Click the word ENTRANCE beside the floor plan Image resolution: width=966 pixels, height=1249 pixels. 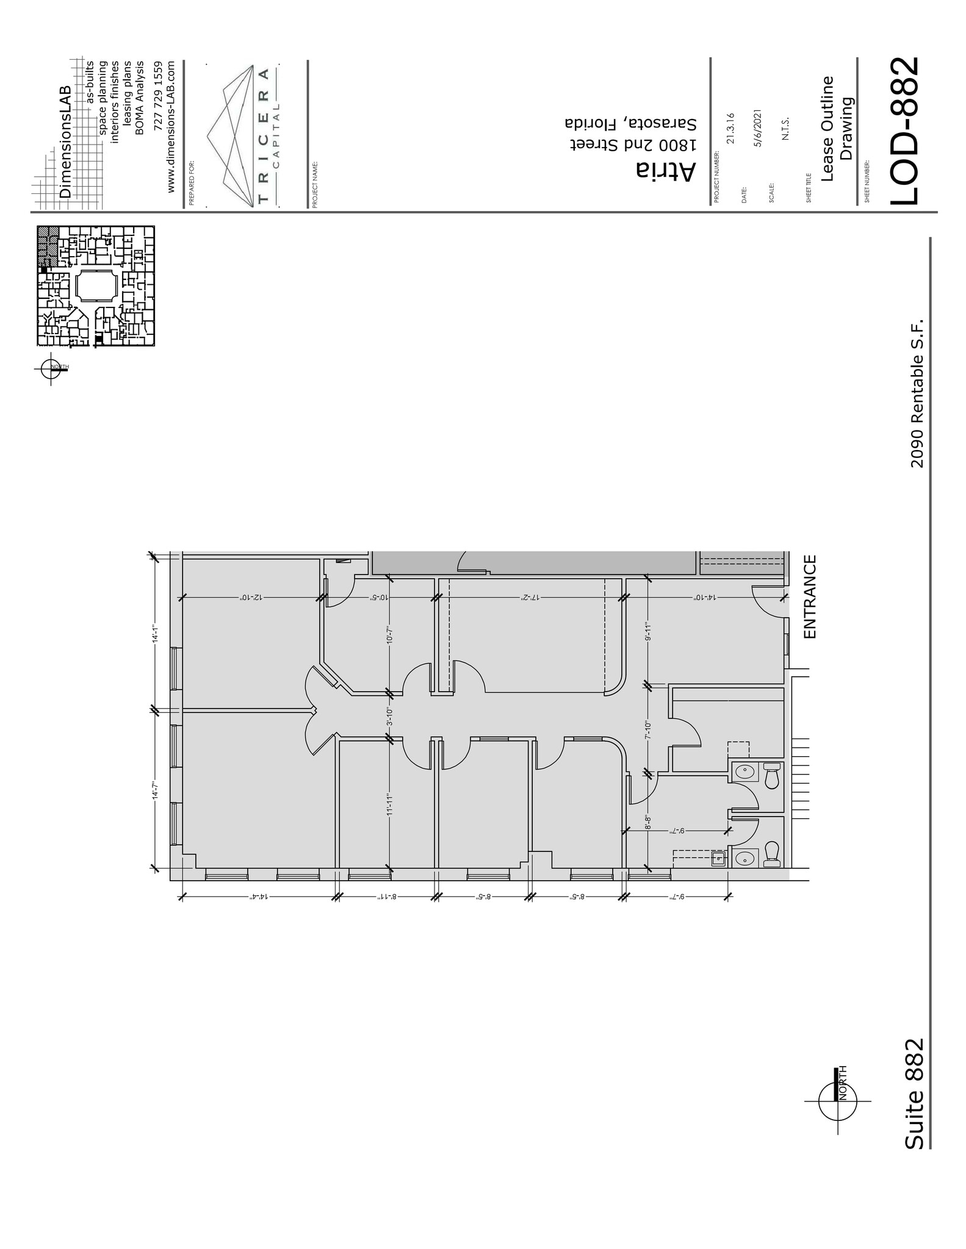810,596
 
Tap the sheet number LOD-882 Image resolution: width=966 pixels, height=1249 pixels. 904,131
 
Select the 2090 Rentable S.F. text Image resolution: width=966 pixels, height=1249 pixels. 917,393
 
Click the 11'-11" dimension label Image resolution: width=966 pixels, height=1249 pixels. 389,805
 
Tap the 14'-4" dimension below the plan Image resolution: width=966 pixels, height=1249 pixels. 259,897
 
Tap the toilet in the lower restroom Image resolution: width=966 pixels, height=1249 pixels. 772,854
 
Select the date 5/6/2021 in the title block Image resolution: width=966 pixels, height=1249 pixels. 758,128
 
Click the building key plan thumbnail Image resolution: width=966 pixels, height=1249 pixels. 96,287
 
